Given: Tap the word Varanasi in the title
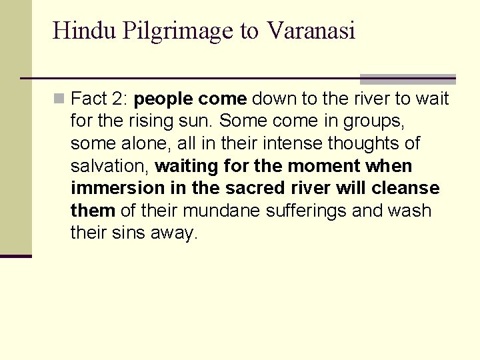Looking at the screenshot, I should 311,31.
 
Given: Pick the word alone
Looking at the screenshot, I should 135,144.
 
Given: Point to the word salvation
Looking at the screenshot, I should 110,166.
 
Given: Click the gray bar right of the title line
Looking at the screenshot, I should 407,79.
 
